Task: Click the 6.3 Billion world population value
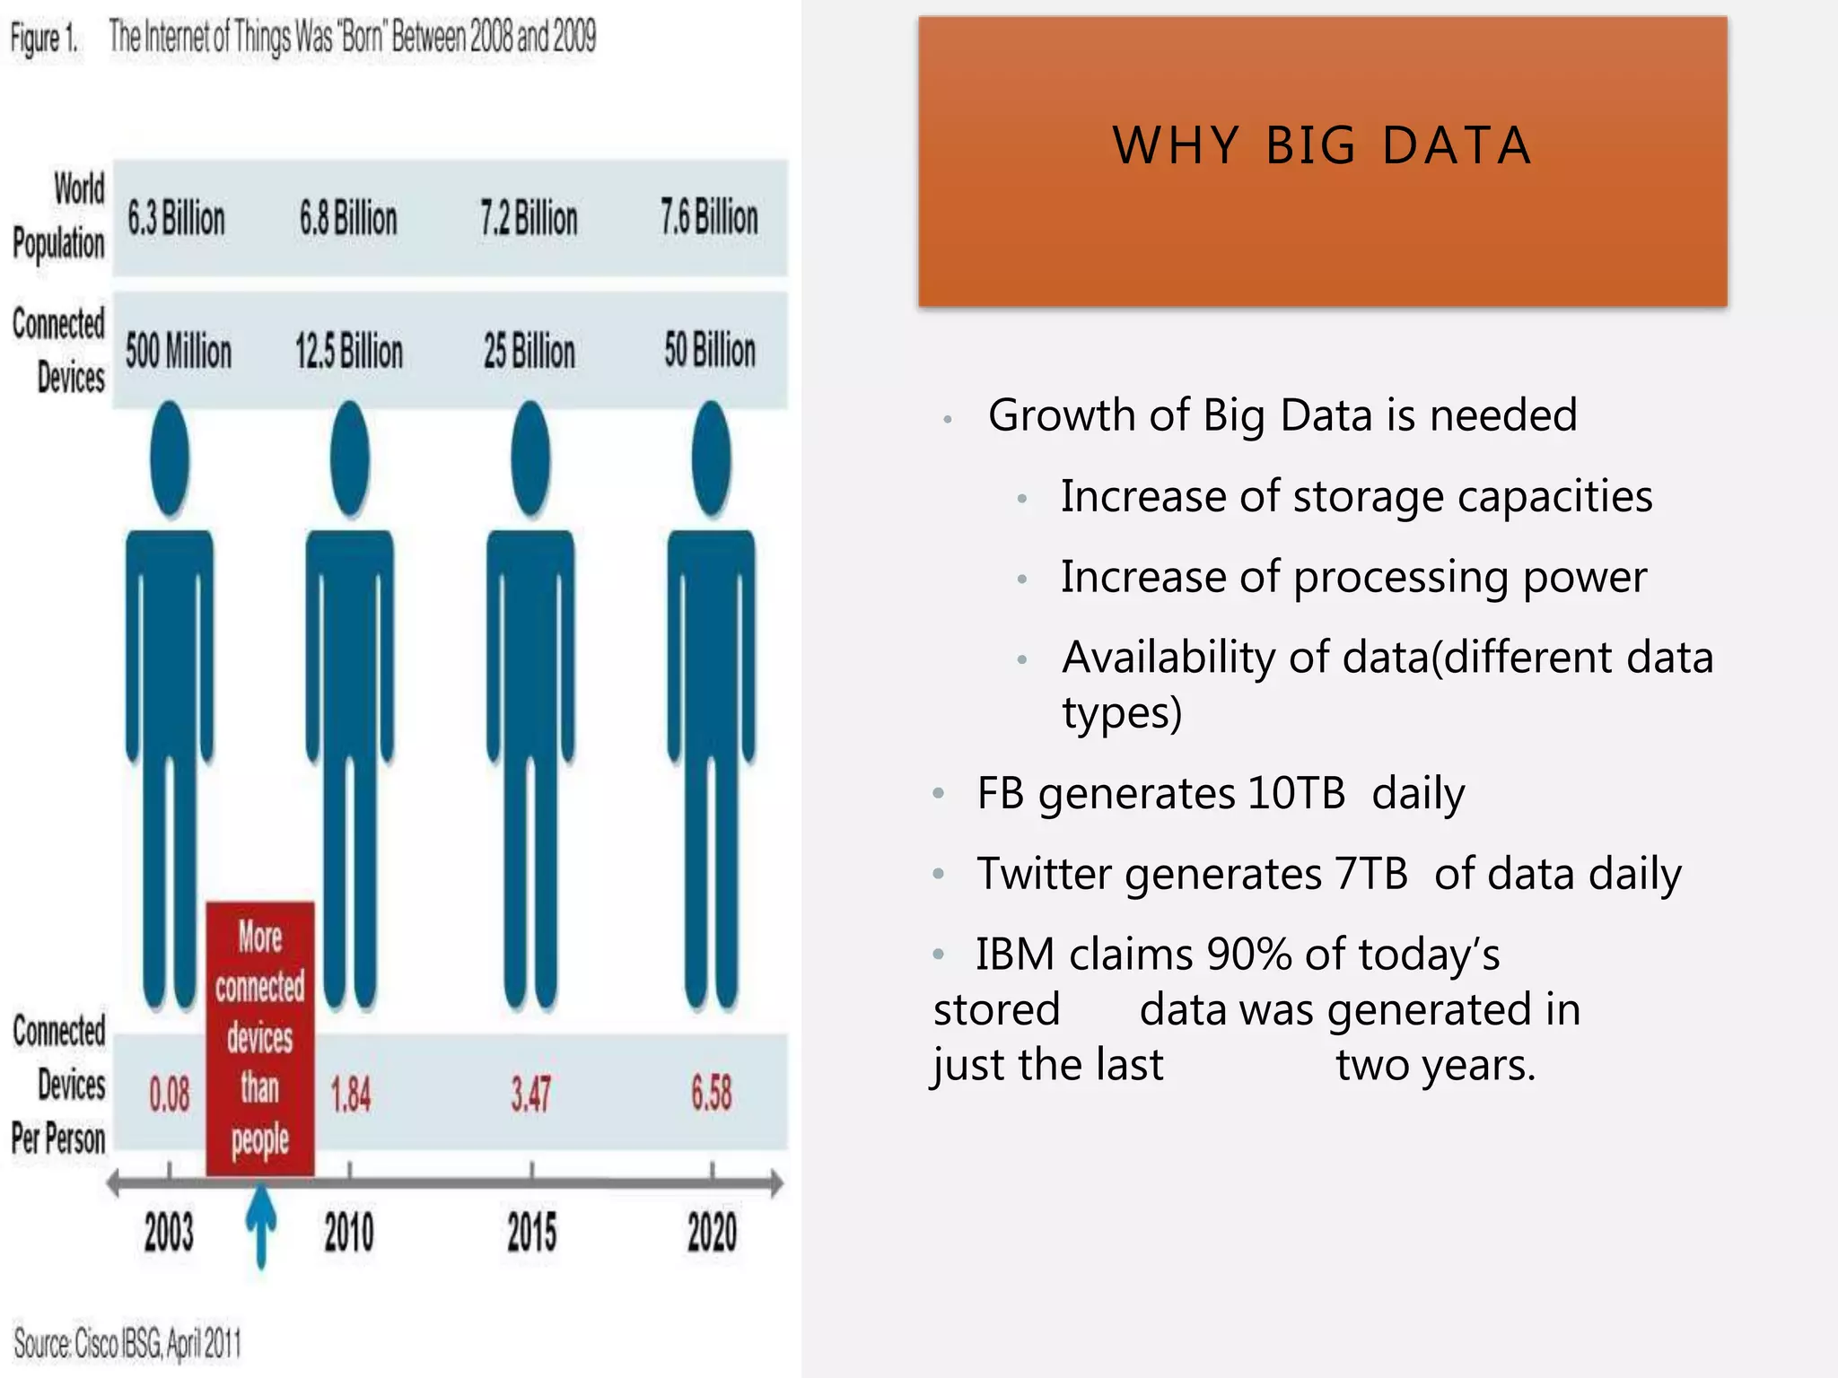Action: point(176,218)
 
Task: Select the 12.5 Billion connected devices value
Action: point(349,351)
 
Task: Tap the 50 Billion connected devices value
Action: point(710,350)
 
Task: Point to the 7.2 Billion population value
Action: point(529,218)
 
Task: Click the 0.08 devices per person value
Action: point(170,1095)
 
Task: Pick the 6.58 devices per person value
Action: point(712,1094)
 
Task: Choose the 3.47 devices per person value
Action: point(531,1095)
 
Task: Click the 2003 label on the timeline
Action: point(170,1232)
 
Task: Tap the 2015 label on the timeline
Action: point(532,1232)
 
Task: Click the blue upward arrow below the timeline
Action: point(261,1225)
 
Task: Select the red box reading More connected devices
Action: point(260,1038)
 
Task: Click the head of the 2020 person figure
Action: point(712,459)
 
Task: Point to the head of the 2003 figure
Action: point(170,459)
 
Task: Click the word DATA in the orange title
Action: point(1457,145)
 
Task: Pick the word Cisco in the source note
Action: point(97,1344)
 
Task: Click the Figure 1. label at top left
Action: point(44,39)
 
